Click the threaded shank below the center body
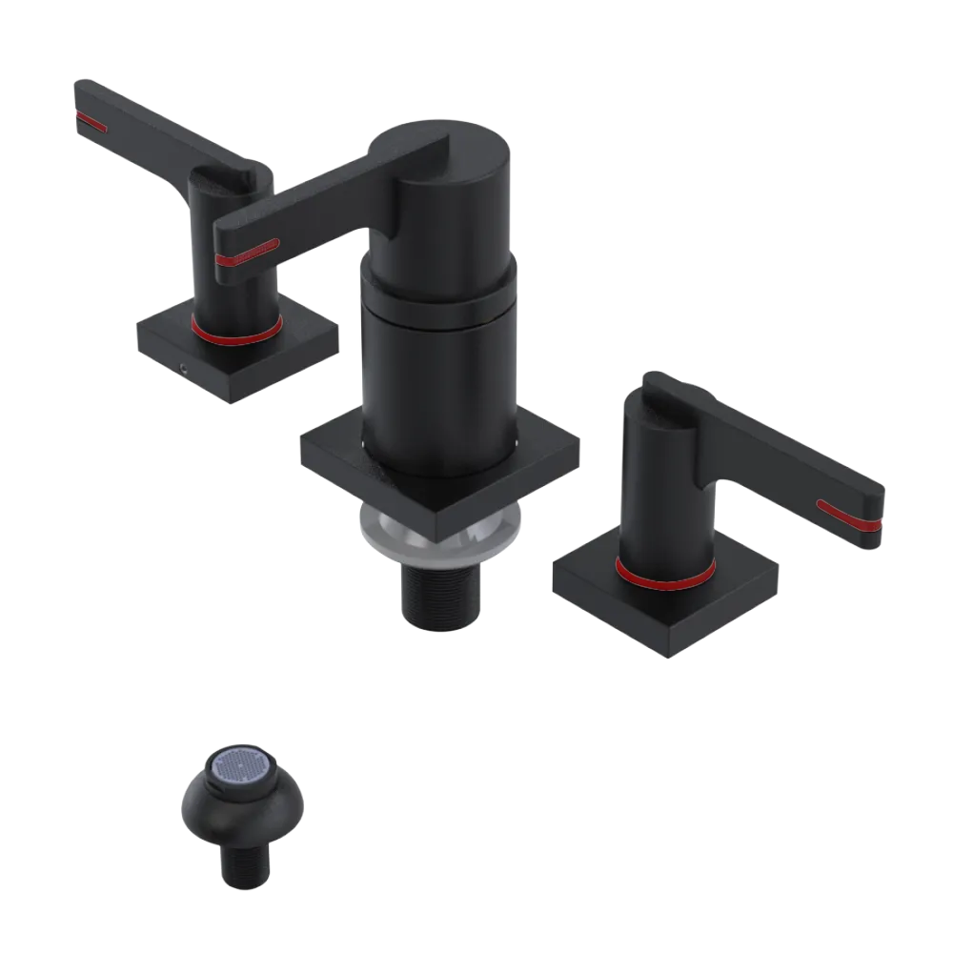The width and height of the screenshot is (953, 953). [440, 596]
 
